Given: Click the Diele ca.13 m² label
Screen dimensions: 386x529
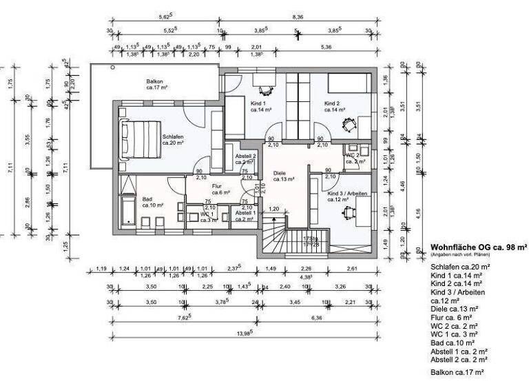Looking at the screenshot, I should pos(284,176).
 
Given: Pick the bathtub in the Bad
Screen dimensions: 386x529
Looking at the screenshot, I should pos(128,207).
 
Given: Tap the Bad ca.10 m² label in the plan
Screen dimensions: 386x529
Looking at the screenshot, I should pos(152,201).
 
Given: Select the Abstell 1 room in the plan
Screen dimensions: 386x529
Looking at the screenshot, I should pos(245,216).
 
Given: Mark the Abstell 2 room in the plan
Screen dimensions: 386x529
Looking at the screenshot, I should pos(245,159).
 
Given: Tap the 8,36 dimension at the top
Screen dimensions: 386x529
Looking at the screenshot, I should pos(298,16).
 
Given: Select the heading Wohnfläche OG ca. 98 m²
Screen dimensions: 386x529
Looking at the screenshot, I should pos(478,246).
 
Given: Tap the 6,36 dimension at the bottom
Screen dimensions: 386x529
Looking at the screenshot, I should pos(316,318).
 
